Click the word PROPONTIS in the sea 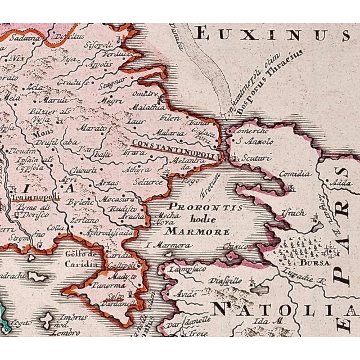point(201,208)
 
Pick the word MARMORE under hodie point(201,231)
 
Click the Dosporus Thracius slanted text point(276,73)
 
